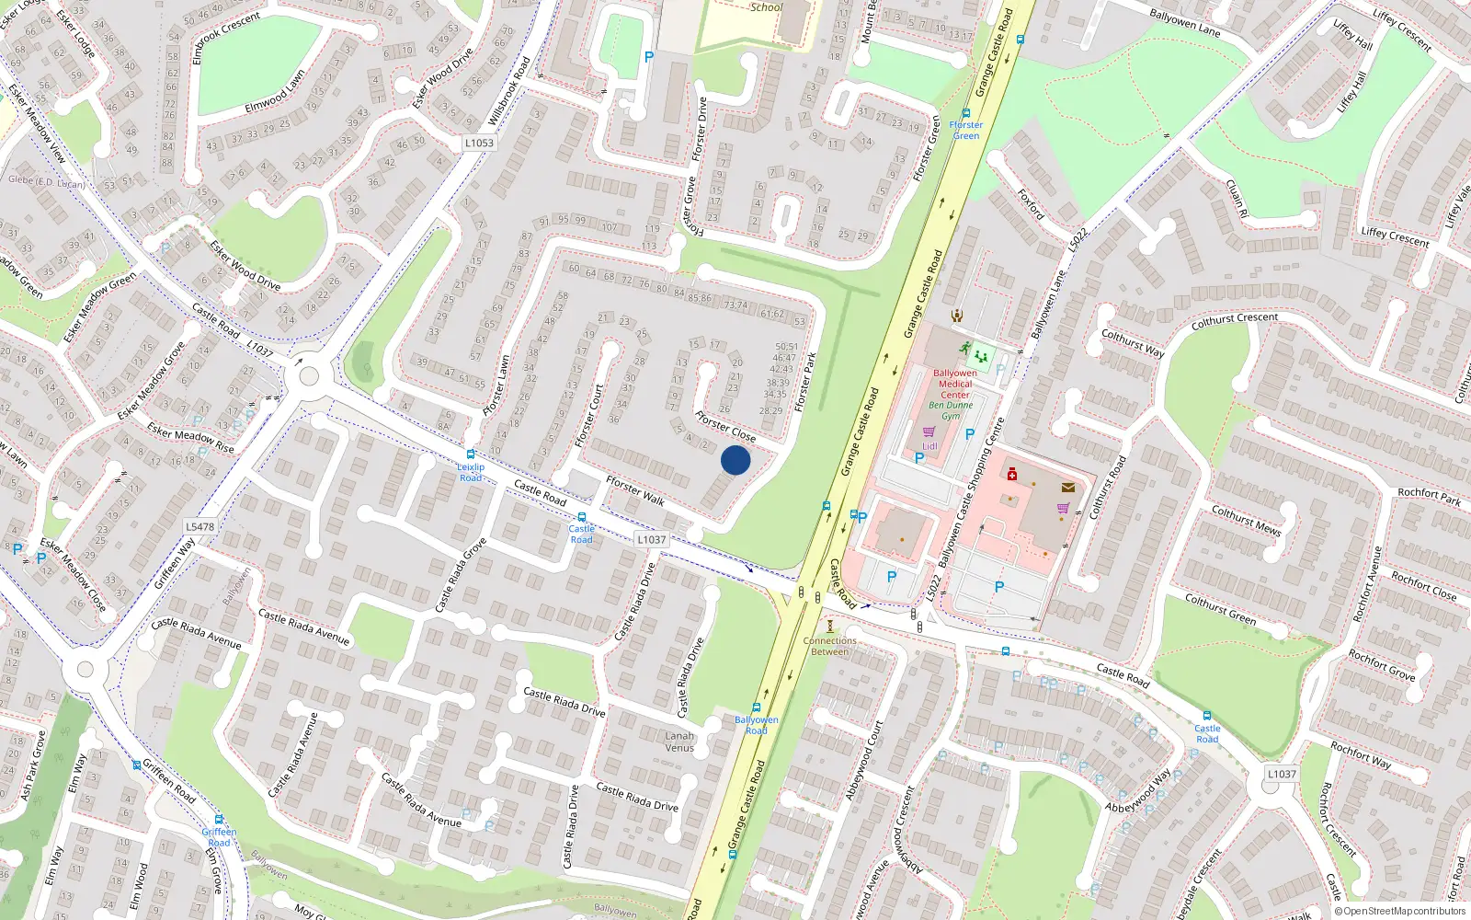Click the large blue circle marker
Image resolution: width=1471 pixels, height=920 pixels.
(x=735, y=460)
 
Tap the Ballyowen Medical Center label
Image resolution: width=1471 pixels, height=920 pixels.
(x=955, y=384)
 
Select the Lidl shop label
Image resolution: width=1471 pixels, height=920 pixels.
(x=929, y=446)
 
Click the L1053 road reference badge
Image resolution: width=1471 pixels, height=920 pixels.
(x=479, y=143)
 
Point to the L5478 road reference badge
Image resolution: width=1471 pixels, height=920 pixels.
(x=200, y=527)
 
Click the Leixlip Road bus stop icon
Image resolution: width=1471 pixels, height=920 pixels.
(x=471, y=454)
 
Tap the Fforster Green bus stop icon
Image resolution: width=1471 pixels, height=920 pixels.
(x=965, y=113)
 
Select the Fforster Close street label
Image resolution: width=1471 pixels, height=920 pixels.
(x=725, y=426)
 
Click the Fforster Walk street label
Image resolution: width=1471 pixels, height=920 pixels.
(x=634, y=490)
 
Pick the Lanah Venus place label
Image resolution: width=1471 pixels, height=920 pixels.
(x=679, y=742)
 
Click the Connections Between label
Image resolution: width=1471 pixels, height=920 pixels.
(x=829, y=646)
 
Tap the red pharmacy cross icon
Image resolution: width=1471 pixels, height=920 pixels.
(x=1012, y=474)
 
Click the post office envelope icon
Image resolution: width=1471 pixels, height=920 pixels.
(x=1067, y=488)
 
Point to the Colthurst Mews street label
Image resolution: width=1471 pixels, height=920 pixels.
(x=1246, y=520)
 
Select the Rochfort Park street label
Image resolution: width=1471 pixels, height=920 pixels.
(x=1429, y=497)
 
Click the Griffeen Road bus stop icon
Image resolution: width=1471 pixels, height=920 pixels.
(x=136, y=765)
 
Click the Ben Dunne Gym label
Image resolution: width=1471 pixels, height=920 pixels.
(x=951, y=410)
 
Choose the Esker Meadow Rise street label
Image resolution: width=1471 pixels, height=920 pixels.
(x=190, y=438)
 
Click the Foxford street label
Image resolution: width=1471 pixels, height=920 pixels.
(x=1031, y=204)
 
